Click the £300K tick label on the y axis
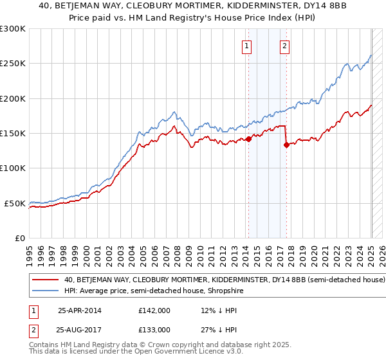click(x=13, y=29)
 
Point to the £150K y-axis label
click(x=13, y=134)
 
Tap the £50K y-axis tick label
click(x=15, y=203)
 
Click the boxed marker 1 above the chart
click(x=247, y=46)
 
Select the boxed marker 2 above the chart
click(x=284, y=46)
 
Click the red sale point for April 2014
click(x=248, y=139)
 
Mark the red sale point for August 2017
click(x=286, y=145)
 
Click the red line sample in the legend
click(x=46, y=280)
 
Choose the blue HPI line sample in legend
click(x=46, y=291)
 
